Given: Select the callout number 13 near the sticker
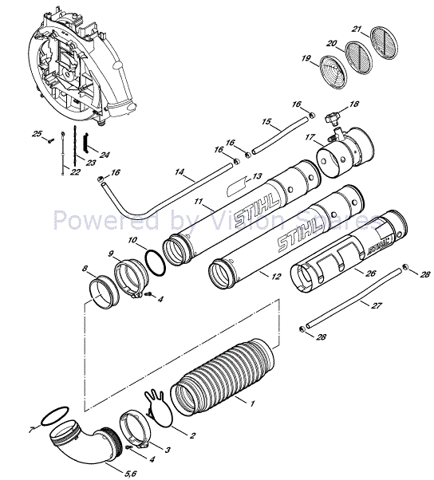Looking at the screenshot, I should tap(256, 176).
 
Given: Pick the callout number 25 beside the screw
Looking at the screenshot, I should tap(36, 134).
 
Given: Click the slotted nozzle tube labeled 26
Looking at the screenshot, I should tap(335, 263).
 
